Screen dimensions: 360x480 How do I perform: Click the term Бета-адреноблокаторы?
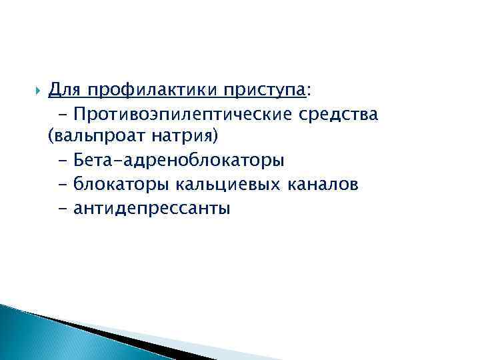(x=179, y=161)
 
